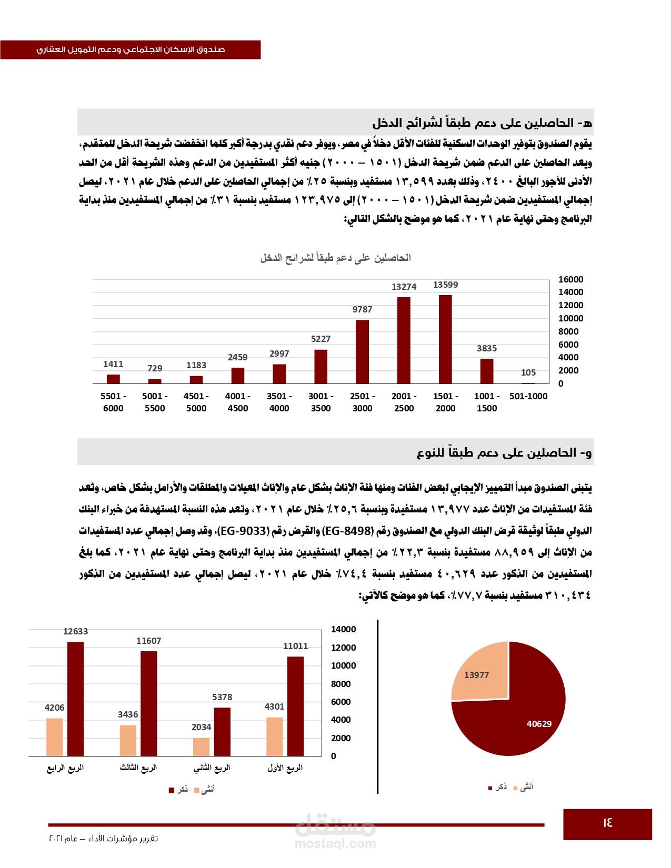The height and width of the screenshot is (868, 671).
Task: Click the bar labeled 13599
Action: click(445, 339)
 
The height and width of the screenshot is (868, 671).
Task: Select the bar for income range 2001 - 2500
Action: click(404, 340)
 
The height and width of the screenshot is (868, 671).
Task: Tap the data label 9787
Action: click(362, 309)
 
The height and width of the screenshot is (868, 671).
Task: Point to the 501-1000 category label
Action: click(528, 396)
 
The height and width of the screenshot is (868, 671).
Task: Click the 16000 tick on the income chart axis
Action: click(570, 279)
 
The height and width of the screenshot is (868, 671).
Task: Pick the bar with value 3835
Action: click(487, 371)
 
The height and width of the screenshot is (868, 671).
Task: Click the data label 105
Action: click(528, 372)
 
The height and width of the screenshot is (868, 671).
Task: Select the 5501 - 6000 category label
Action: click(113, 402)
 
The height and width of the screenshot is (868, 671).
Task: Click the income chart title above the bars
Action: click(335, 258)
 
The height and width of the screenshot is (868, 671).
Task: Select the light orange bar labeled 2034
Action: click(201, 746)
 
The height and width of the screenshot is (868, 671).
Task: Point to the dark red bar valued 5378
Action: click(222, 732)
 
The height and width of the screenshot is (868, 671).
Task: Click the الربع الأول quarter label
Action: click(285, 768)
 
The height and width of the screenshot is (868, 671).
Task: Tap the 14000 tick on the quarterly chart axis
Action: click(343, 629)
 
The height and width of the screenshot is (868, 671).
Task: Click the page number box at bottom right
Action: click(607, 824)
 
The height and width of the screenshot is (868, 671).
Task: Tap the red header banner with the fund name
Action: click(131, 49)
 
